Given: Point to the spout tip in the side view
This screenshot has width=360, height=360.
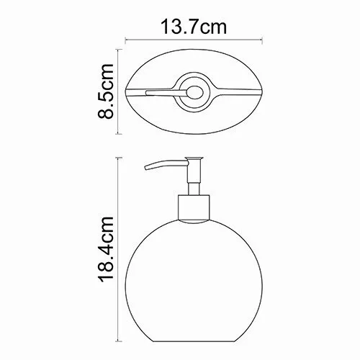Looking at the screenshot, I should click(x=148, y=171).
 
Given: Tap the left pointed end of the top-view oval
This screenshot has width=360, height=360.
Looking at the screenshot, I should click(x=127, y=93).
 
